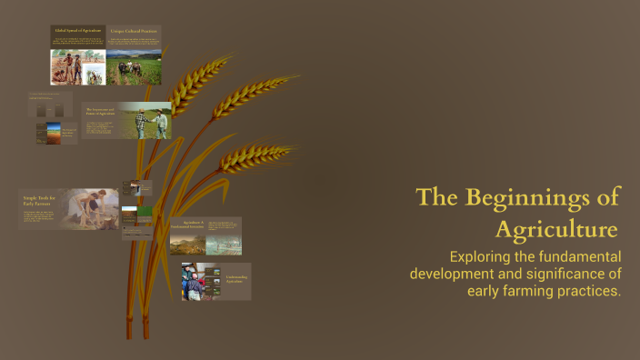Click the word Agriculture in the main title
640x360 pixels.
click(557, 227)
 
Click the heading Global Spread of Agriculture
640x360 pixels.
click(77, 31)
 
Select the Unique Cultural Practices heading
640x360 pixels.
click(134, 31)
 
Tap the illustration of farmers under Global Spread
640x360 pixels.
click(77, 66)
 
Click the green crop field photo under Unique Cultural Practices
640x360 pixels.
click(134, 67)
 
